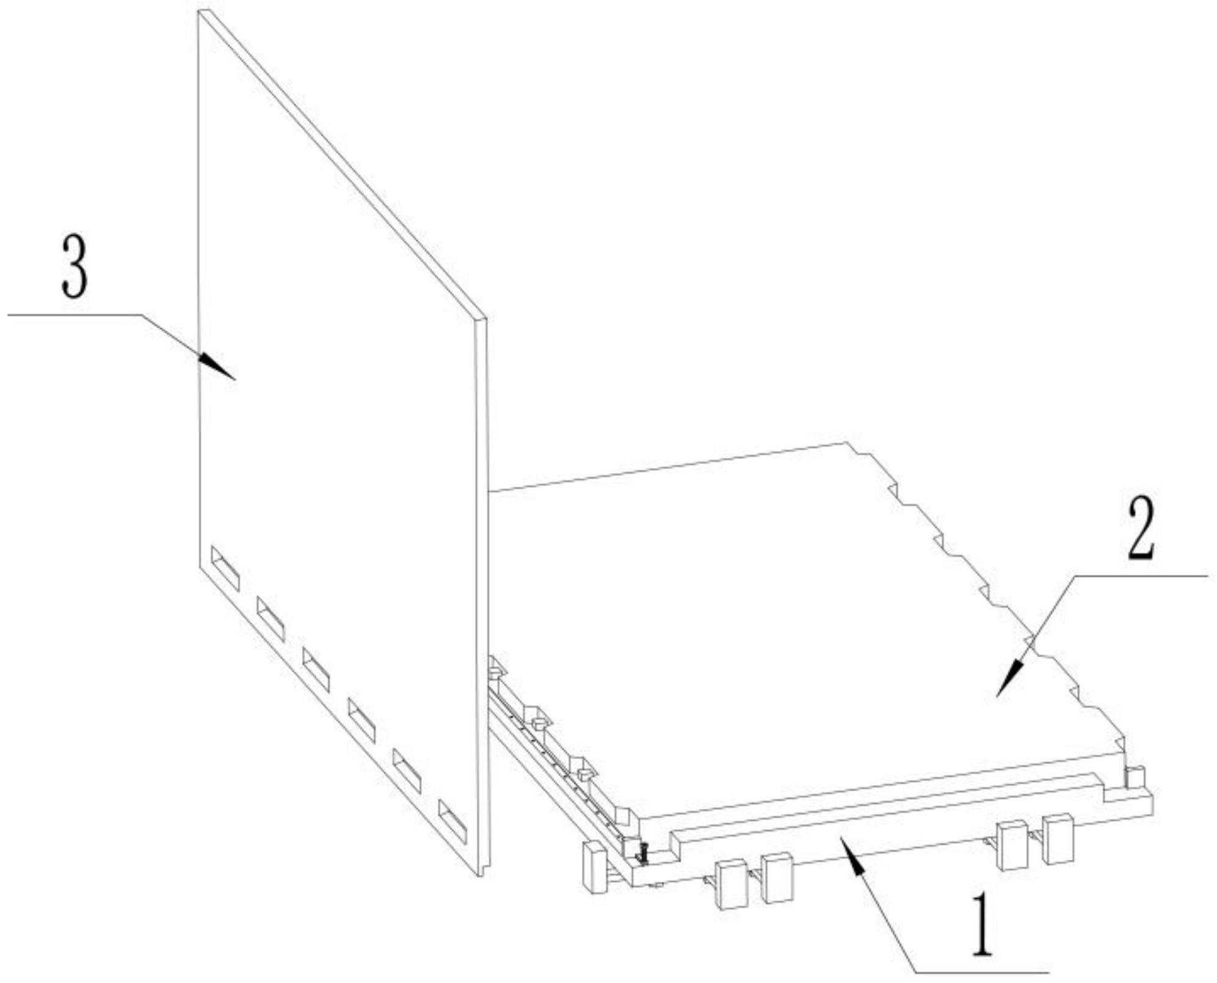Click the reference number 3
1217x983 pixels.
coord(74,267)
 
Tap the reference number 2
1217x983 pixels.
coord(1140,528)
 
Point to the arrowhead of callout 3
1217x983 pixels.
coord(216,366)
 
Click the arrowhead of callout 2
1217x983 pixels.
coord(1011,677)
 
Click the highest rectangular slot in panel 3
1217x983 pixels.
coord(225,568)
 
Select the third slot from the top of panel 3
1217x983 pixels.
coord(316,669)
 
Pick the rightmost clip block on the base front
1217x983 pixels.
coord(1058,839)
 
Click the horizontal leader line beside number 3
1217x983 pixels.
coord(74,315)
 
